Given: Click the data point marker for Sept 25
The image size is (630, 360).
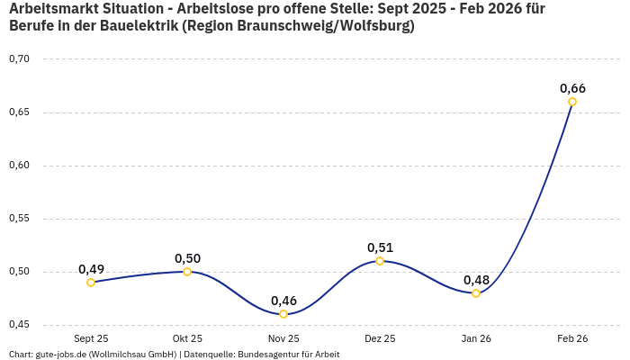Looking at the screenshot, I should click(x=91, y=283).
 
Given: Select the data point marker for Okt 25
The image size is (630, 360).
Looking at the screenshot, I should click(x=187, y=272).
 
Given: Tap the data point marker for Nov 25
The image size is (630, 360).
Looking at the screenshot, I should click(x=283, y=314).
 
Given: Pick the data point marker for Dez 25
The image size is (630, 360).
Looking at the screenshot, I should click(x=380, y=261).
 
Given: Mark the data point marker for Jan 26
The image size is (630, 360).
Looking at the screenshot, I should click(x=476, y=293).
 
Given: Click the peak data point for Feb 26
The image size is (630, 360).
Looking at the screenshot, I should click(x=572, y=102).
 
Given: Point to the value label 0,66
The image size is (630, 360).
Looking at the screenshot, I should click(x=572, y=88).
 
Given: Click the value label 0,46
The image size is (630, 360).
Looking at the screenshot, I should click(x=283, y=301).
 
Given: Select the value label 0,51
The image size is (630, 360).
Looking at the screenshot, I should click(x=380, y=247).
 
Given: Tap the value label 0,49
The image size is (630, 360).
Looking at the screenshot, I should click(x=91, y=269).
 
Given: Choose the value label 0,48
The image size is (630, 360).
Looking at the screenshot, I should click(x=476, y=280).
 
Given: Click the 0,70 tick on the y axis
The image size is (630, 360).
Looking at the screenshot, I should click(x=19, y=59).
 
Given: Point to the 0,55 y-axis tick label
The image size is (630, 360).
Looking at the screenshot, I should click(x=19, y=219).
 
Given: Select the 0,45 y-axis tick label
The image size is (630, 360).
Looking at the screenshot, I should click(x=19, y=325).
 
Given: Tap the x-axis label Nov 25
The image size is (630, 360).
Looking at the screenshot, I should click(x=283, y=338).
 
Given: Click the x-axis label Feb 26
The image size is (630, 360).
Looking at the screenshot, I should click(x=572, y=338).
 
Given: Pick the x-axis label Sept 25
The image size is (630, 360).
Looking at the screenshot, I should click(x=91, y=338).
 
